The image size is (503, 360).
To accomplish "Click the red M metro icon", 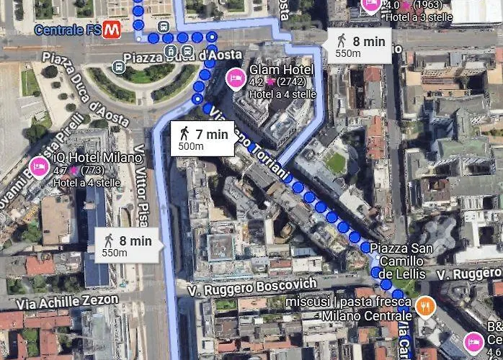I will [111, 30].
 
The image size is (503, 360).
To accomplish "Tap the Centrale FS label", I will [68, 30].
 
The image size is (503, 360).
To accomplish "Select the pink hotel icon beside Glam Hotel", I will [235, 78].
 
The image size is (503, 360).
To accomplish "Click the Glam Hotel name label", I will [281, 70].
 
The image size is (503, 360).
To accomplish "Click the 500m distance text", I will [190, 146].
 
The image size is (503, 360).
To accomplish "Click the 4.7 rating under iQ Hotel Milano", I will [61, 171].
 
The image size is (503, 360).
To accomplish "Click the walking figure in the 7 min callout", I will [184, 133].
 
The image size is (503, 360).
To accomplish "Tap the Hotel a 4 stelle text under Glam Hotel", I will [282, 94].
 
